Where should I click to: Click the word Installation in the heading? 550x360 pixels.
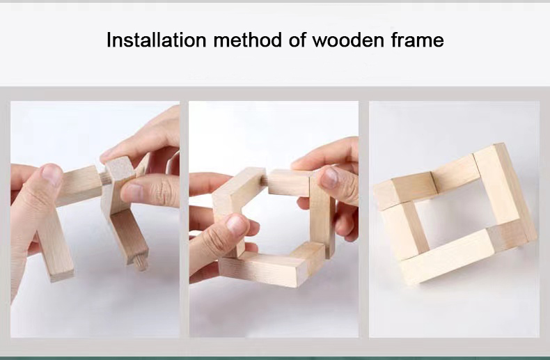coord(156,40)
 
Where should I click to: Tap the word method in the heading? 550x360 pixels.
coord(247,40)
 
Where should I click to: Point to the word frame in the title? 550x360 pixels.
coord(418,40)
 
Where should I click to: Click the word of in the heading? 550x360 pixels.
coord(297,40)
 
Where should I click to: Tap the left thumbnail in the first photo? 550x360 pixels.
coord(52,174)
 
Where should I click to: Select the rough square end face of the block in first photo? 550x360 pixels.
coord(120,169)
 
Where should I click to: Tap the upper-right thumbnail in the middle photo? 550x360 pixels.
coord(330,177)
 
